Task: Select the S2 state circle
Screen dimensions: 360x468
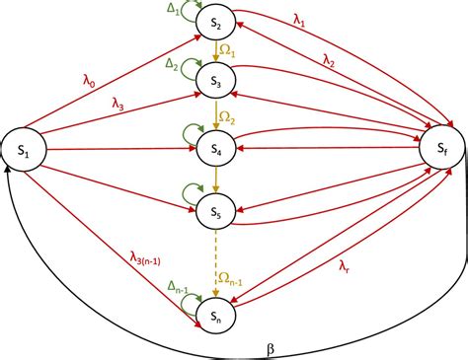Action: pos(216,22)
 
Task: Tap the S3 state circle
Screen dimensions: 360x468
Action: pos(216,84)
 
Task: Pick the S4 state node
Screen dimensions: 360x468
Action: pos(216,149)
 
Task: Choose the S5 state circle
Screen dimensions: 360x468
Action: pos(216,210)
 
